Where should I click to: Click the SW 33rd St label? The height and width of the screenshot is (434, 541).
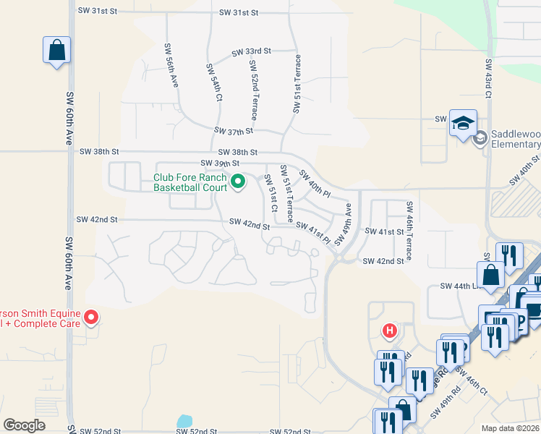[x=251, y=52]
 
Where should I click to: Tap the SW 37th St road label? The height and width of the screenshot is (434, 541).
[x=234, y=131]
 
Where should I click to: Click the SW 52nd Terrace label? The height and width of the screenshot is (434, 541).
[x=255, y=90]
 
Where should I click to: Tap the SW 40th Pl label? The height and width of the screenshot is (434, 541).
[x=315, y=184]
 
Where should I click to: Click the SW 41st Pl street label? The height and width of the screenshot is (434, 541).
[x=314, y=233]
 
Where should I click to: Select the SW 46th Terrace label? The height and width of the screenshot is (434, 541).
[x=409, y=231]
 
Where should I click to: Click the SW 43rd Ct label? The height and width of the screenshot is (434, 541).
[x=488, y=79]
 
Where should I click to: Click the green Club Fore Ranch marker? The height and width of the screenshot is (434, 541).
[x=237, y=182]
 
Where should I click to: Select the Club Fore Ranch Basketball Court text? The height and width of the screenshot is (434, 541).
[x=190, y=182]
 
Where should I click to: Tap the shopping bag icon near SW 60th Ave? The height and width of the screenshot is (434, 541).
[x=56, y=51]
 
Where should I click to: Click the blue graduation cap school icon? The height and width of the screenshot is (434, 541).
[x=463, y=122]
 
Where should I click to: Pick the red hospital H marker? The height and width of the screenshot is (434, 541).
[x=390, y=331]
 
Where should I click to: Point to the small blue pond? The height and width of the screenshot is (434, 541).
[x=184, y=421]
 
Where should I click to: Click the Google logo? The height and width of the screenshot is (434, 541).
[x=24, y=425]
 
